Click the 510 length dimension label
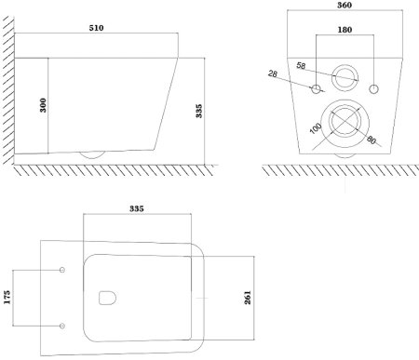pyautogui.click(x=96, y=28)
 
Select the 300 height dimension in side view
pyautogui.click(x=43, y=105)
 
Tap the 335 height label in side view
pyautogui.click(x=199, y=111)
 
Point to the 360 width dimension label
pyautogui.click(x=345, y=6)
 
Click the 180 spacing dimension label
pyautogui.click(x=345, y=30)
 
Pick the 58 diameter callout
pyautogui.click(x=301, y=66)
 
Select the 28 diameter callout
pyautogui.click(x=273, y=73)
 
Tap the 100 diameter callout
pyautogui.click(x=316, y=128)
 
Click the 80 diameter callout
pyautogui.click(x=372, y=140)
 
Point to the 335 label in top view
pyautogui.click(x=137, y=208)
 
